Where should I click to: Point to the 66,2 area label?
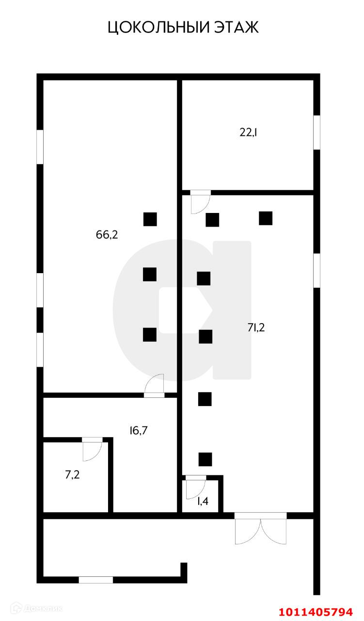tap(107, 235)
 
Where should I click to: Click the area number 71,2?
tap(256, 327)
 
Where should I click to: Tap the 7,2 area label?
tap(72, 474)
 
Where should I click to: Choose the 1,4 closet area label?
tap(203, 501)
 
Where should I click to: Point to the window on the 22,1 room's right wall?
tap(317, 132)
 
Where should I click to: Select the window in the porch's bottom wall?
tap(96, 579)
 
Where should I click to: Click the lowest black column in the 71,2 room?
tap(205, 458)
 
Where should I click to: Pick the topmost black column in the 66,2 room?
tap(150, 219)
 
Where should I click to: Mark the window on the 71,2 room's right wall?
tap(317, 270)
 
